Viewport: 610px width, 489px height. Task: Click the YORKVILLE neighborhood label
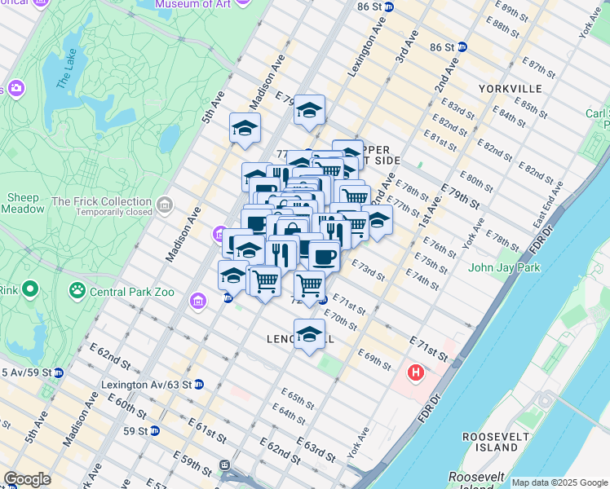pos(511,88)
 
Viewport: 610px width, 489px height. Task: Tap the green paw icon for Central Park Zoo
pos(77,289)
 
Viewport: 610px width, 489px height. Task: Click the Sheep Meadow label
pos(23,203)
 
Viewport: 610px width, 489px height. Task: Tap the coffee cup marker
pos(325,255)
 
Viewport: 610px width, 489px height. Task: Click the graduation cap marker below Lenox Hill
pos(309,335)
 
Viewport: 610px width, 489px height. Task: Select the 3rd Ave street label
pos(404,48)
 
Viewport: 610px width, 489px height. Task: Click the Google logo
pos(27,478)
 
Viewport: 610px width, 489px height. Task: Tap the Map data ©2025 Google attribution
pos(559,482)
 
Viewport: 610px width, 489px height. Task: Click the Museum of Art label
pos(184,4)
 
